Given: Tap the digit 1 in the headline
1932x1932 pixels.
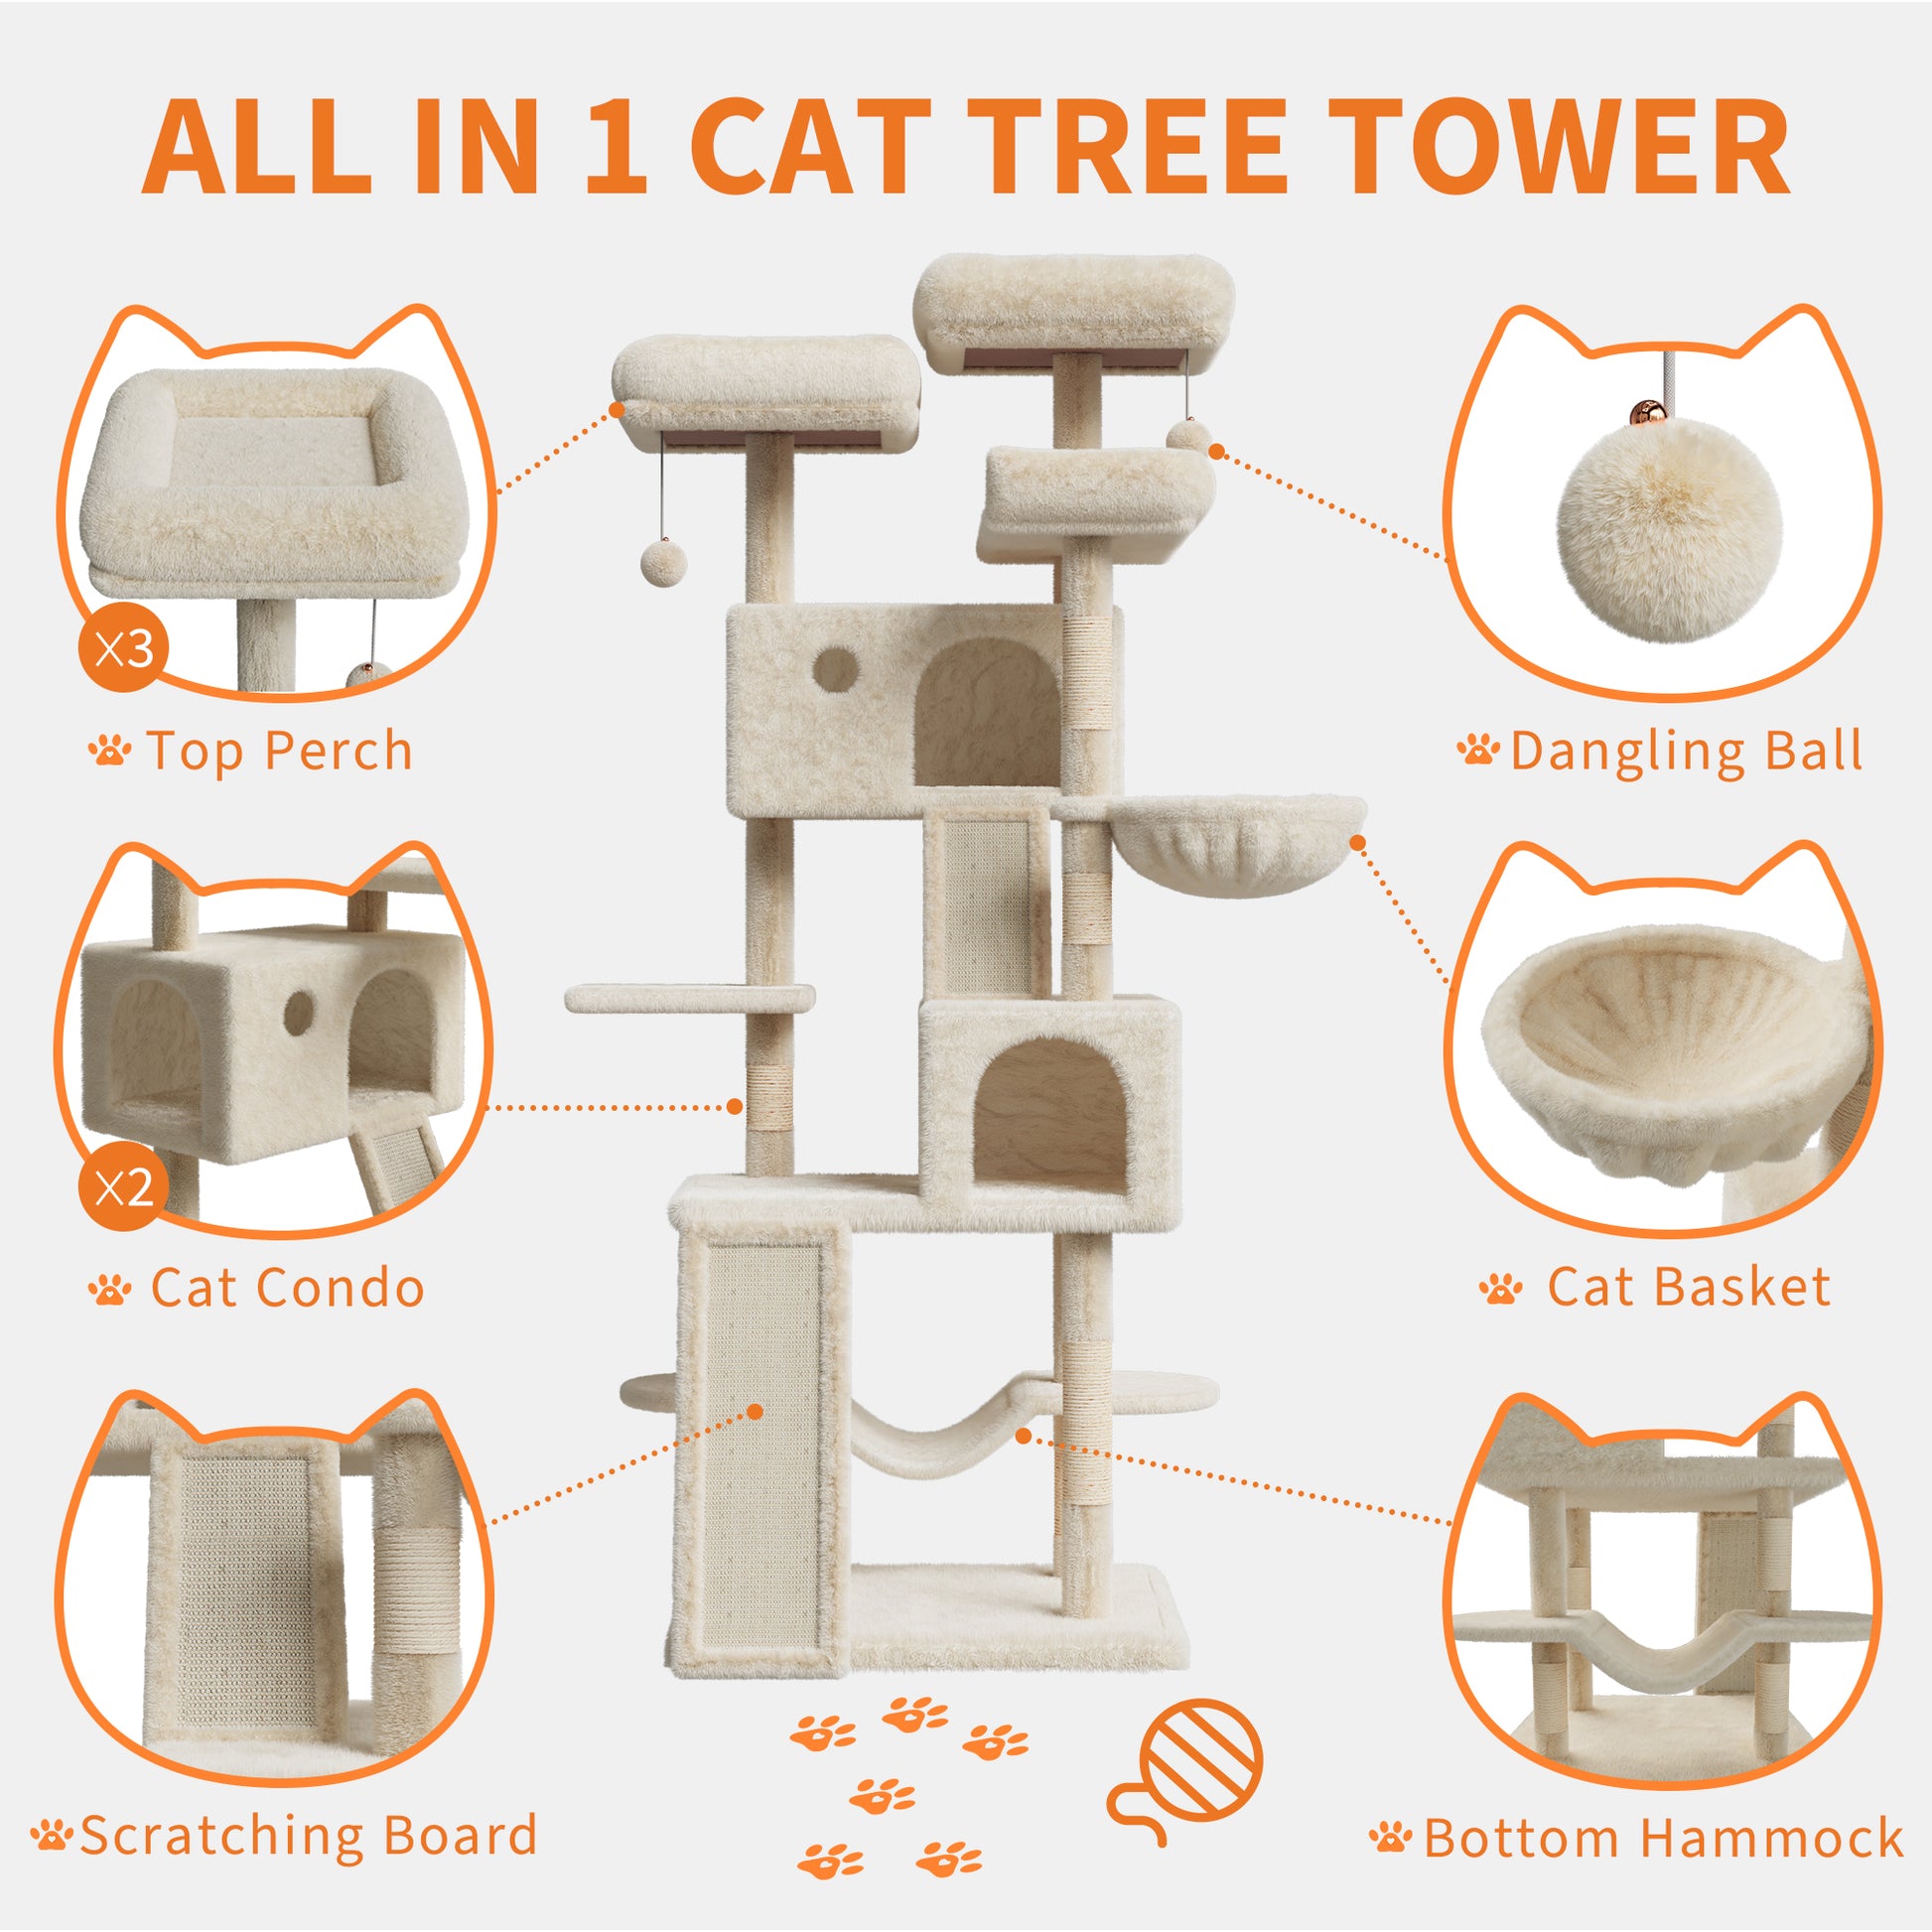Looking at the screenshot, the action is coord(616,146).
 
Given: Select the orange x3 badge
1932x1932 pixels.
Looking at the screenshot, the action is coord(123,648).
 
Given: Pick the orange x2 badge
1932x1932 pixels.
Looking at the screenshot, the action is coord(123,1187).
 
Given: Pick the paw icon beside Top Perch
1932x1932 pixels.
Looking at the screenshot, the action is coord(109,749).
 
